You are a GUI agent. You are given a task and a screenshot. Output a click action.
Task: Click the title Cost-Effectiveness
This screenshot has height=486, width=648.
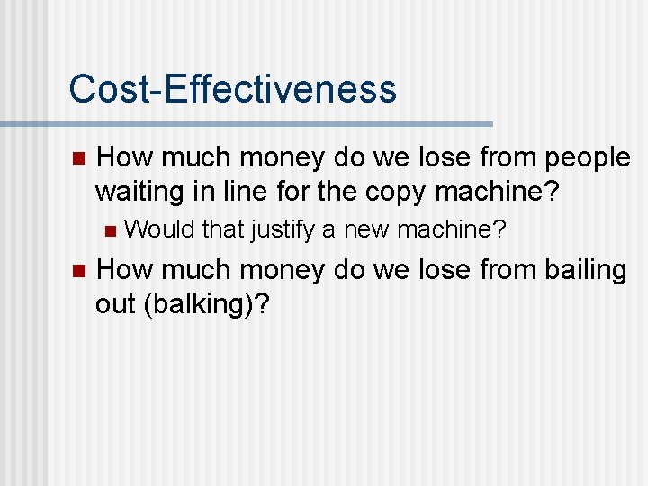232,89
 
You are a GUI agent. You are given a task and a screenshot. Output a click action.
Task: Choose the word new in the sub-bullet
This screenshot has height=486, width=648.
366,230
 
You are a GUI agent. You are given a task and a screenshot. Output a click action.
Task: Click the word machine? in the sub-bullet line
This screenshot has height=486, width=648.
452,230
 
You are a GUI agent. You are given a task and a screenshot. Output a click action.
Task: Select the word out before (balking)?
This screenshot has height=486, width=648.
114,304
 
